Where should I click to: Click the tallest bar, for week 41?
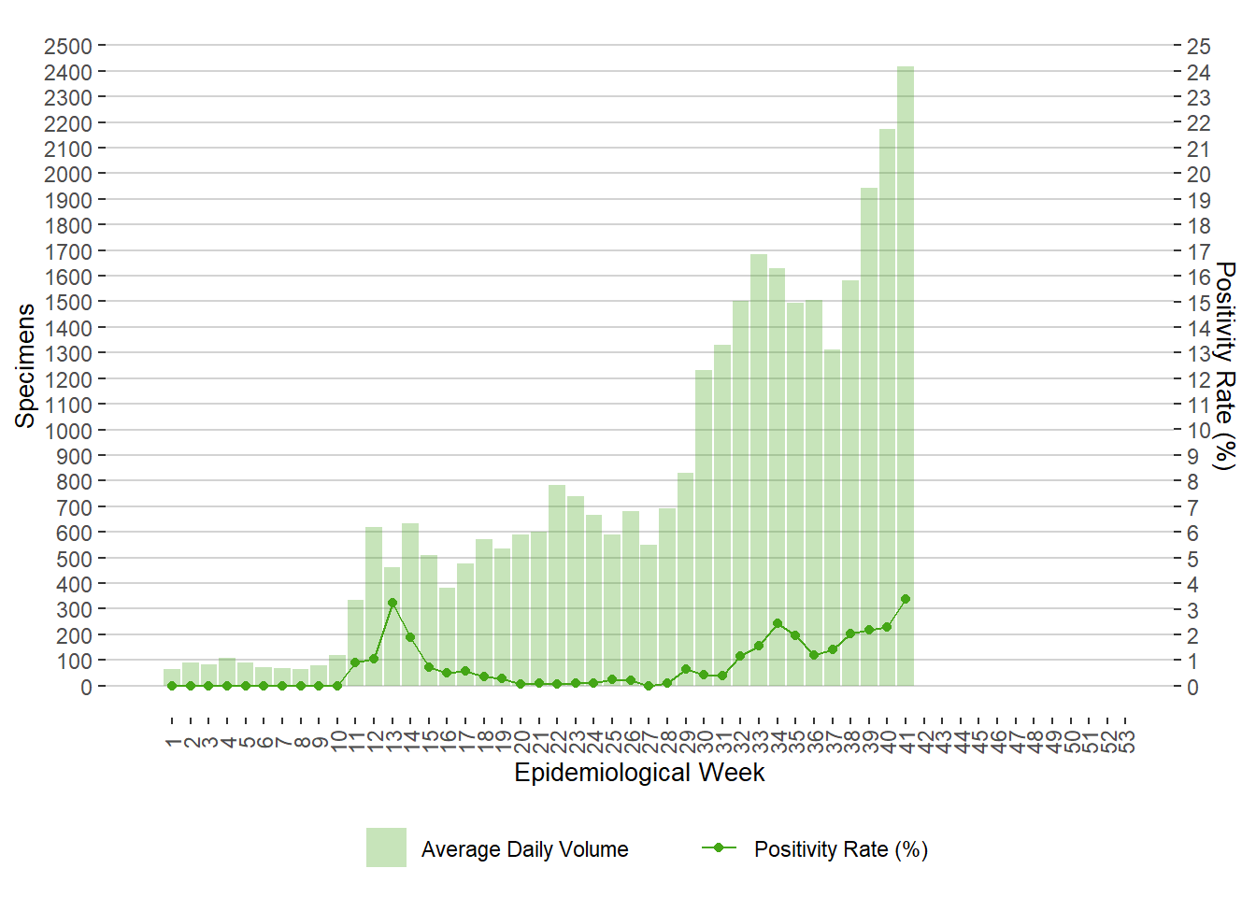click(906, 374)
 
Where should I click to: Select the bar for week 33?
click(759, 467)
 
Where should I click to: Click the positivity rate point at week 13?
click(392, 603)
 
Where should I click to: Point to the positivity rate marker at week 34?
click(778, 623)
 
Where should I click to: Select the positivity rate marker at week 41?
click(906, 599)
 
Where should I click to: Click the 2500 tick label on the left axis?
click(68, 47)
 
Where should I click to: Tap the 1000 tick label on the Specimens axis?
click(68, 431)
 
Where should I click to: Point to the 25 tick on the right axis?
click(1198, 47)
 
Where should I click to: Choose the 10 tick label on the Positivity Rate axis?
click(1198, 431)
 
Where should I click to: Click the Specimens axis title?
click(25, 365)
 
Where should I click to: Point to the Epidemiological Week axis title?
click(639, 773)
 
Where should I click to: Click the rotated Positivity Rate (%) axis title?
click(1224, 365)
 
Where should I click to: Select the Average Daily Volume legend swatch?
click(386, 847)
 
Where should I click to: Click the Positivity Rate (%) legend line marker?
click(719, 847)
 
